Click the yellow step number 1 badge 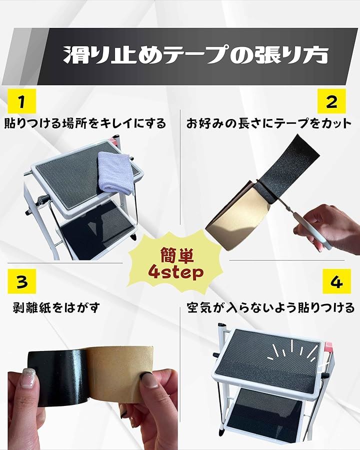22,101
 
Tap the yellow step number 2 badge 331,101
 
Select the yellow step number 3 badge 22,281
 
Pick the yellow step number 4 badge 336,281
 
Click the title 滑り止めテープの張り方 195,54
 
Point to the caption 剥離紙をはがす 56,308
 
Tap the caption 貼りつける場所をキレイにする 85,123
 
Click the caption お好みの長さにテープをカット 269,123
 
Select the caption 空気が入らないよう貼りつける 270,308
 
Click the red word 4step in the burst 176,272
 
